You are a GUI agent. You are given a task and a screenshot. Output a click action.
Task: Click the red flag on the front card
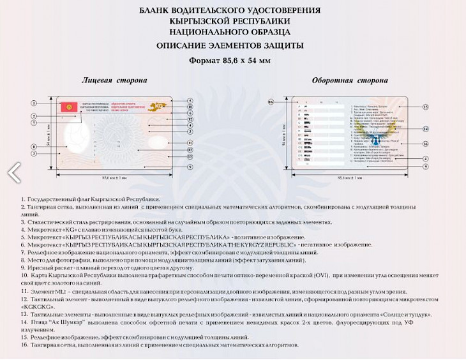64,106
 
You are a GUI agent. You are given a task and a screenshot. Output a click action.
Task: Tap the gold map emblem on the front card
156,102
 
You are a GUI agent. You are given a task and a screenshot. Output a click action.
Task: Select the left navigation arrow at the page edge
13,171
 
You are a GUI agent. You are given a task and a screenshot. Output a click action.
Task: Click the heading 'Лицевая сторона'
114,80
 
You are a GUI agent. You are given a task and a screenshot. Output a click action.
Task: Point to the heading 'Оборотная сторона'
349,80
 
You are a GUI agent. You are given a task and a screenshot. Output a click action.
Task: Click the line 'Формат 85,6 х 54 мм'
230,60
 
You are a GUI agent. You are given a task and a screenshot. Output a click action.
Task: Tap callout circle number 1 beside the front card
33,102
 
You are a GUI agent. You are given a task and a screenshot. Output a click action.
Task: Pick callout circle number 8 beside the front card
33,147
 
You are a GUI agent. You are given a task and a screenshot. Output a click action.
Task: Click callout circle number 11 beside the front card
190,142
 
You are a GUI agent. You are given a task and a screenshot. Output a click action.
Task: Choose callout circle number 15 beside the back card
425,107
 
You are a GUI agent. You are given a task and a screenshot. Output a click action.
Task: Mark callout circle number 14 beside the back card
425,128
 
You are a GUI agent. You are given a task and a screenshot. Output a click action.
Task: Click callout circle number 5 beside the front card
190,101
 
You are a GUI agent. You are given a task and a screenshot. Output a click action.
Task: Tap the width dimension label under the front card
116,176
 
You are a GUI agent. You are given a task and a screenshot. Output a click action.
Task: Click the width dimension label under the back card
350,176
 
